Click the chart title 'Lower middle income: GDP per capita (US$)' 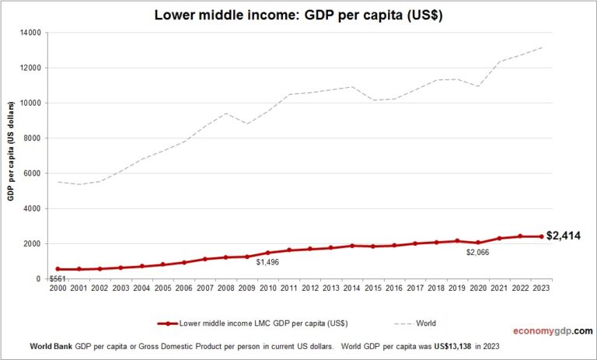[x=298, y=15]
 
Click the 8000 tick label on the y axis [x=33, y=138]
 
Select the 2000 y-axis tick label [x=33, y=244]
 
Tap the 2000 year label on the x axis [x=58, y=288]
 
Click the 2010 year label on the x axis [x=267, y=288]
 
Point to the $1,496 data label [x=267, y=263]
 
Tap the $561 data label [x=57, y=278]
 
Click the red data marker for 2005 [x=162, y=264]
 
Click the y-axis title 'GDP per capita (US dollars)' [x=12, y=156]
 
